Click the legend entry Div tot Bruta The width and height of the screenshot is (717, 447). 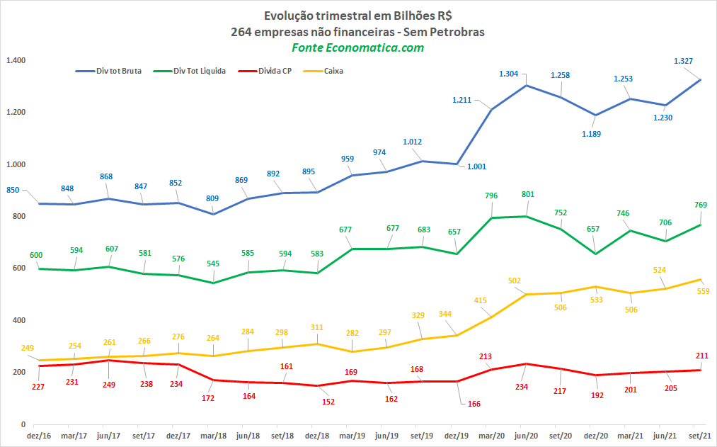pyautogui.click(x=108, y=71)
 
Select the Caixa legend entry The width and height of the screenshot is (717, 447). pyautogui.click(x=323, y=71)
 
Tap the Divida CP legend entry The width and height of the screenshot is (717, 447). pyautogui.click(x=265, y=71)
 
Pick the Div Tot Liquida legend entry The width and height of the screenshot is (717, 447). pyautogui.click(x=189, y=71)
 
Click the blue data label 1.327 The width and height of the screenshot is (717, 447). pyautogui.click(x=683, y=61)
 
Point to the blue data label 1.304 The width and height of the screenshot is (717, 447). pyautogui.click(x=508, y=74)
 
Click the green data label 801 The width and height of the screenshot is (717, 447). pyautogui.click(x=528, y=194)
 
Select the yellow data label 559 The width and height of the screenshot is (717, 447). pyautogui.click(x=704, y=291)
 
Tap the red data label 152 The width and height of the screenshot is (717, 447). pyautogui.click(x=328, y=402)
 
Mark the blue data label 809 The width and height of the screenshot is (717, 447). pyautogui.click(x=212, y=198)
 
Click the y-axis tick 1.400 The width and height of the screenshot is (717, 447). pyautogui.click(x=16, y=60)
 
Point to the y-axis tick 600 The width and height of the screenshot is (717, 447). pyautogui.click(x=19, y=268)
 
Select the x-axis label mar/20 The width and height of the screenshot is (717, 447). pyautogui.click(x=491, y=436)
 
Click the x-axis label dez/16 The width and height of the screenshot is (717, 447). pyautogui.click(x=39, y=436)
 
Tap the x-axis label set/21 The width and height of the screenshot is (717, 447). pyautogui.click(x=700, y=436)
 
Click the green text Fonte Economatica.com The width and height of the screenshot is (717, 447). pyautogui.click(x=358, y=47)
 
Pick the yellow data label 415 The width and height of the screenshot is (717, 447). pyautogui.click(x=480, y=300)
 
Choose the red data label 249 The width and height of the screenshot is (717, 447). pyautogui.click(x=109, y=385)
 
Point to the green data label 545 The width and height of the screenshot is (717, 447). pyautogui.click(x=213, y=263)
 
